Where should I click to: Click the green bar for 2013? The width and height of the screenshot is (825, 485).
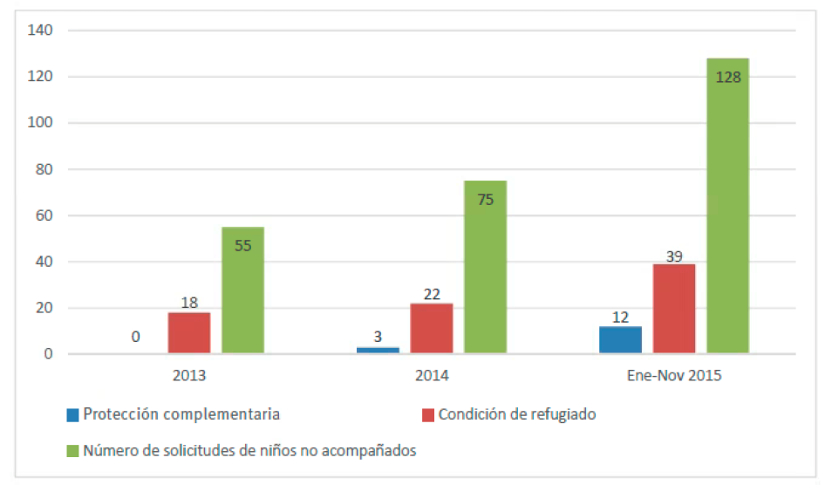pyautogui.click(x=242, y=290)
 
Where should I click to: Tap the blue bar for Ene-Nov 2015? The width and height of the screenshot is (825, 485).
pyautogui.click(x=620, y=339)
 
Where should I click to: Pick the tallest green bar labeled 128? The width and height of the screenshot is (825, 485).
pyautogui.click(x=727, y=206)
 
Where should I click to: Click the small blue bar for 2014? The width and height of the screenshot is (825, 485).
pyautogui.click(x=378, y=350)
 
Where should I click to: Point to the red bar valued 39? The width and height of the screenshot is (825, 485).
pyautogui.click(x=674, y=309)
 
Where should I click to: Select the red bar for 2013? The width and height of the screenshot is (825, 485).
pyautogui.click(x=189, y=332)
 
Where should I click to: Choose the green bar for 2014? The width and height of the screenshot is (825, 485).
pyautogui.click(x=485, y=267)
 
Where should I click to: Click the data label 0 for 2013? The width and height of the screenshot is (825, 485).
pyautogui.click(x=136, y=337)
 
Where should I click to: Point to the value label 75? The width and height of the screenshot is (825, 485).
pyautogui.click(x=486, y=200)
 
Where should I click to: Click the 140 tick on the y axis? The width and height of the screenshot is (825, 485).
pyautogui.click(x=40, y=31)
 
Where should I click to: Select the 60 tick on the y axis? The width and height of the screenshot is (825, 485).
pyautogui.click(x=44, y=215)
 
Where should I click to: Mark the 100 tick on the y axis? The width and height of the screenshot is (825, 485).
pyautogui.click(x=40, y=123)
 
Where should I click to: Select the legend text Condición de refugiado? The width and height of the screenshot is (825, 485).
pyautogui.click(x=517, y=414)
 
